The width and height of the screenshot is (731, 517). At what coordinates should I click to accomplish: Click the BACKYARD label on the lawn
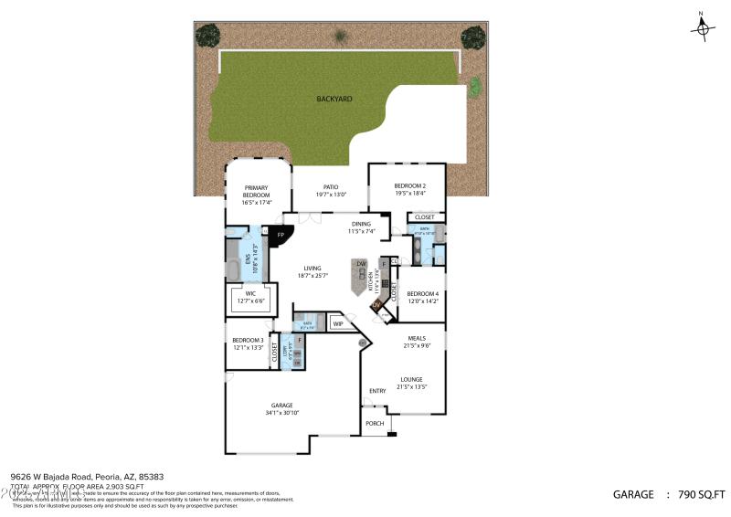point(334,99)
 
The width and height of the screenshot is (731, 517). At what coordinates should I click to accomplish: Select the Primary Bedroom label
point(256,192)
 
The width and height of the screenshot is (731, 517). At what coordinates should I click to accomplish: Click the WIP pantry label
point(338,323)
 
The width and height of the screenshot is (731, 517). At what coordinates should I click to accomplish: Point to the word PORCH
point(375,424)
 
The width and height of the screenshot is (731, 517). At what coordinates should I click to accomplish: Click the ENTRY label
point(377,391)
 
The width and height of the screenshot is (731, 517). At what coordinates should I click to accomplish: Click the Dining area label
point(362,224)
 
